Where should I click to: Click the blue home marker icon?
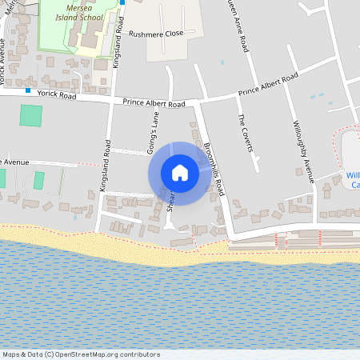click(180, 173)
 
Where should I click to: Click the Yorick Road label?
click(55, 95)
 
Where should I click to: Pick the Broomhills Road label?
click(214, 170)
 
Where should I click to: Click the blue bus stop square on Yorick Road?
click(27, 90)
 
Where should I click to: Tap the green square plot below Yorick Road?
click(31, 114)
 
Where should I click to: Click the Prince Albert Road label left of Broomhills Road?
click(154, 103)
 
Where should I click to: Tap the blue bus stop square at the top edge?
click(122, 2)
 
